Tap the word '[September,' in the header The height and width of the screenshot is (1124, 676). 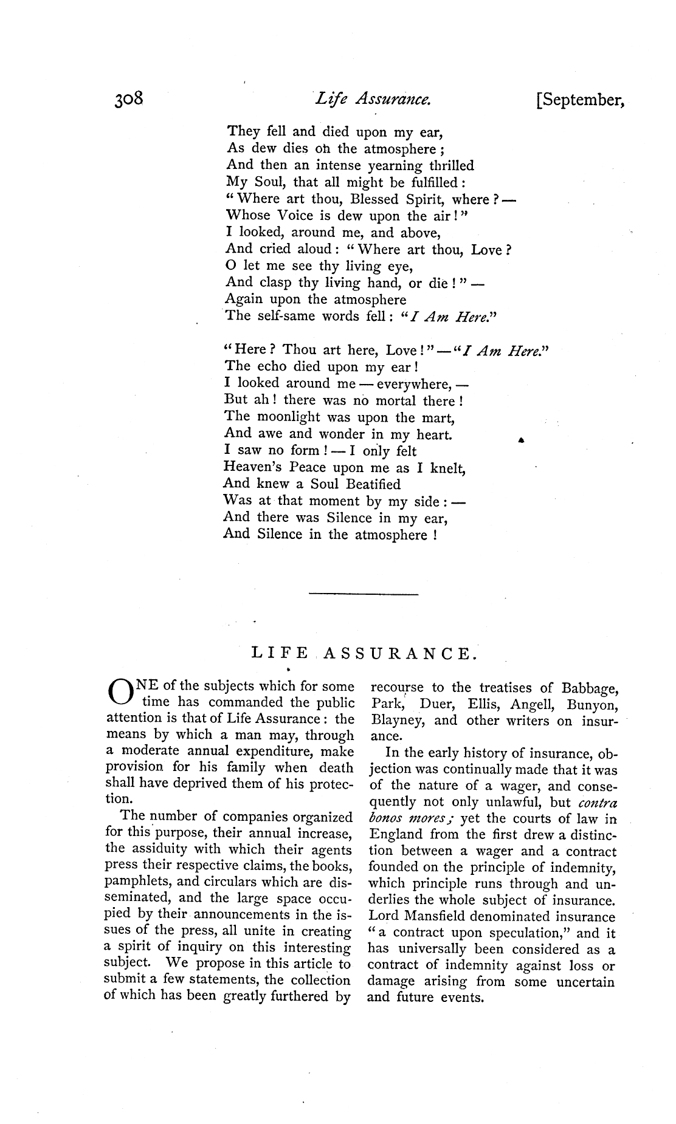pos(581,100)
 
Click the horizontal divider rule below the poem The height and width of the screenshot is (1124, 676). pos(364,593)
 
